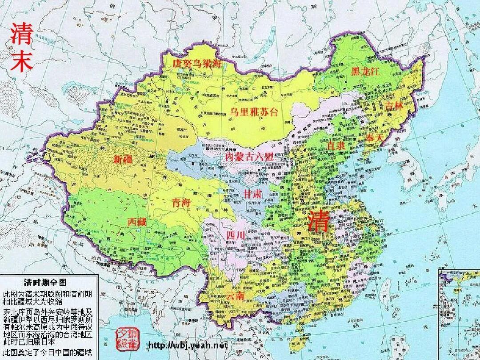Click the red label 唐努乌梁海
click(x=197, y=64)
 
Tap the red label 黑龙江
click(x=365, y=72)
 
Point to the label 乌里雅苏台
click(x=256, y=111)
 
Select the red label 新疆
click(x=124, y=159)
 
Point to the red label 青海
click(x=181, y=203)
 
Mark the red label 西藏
click(x=137, y=221)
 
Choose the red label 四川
click(x=235, y=236)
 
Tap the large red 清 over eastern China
click(x=320, y=221)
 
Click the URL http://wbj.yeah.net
click(x=187, y=345)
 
